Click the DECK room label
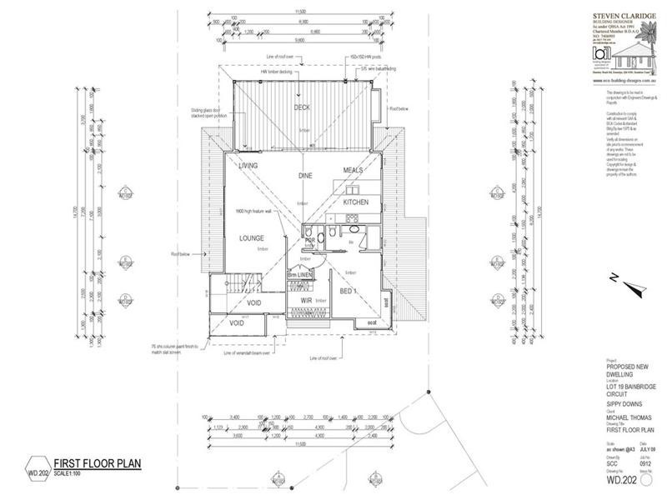coord(302,108)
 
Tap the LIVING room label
coord(248,166)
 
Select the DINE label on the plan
coord(303,176)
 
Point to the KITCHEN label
coord(355,202)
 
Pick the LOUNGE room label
coord(251,238)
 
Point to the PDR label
coord(309,241)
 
